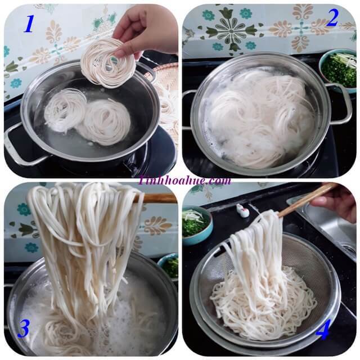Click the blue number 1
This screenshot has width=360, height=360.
(29, 24)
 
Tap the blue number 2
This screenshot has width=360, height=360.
(332, 18)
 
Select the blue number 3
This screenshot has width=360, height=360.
(24, 329)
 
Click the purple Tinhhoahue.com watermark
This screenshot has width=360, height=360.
(184, 180)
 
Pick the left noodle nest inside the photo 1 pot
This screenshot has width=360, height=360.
(65, 110)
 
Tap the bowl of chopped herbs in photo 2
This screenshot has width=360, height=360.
(338, 71)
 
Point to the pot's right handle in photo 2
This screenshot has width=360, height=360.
(339, 103)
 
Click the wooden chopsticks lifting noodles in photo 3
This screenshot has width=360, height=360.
(156, 197)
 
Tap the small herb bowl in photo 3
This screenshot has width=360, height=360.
(168, 267)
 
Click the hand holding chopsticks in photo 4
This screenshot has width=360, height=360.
(334, 202)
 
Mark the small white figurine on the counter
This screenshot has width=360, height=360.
(242, 210)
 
